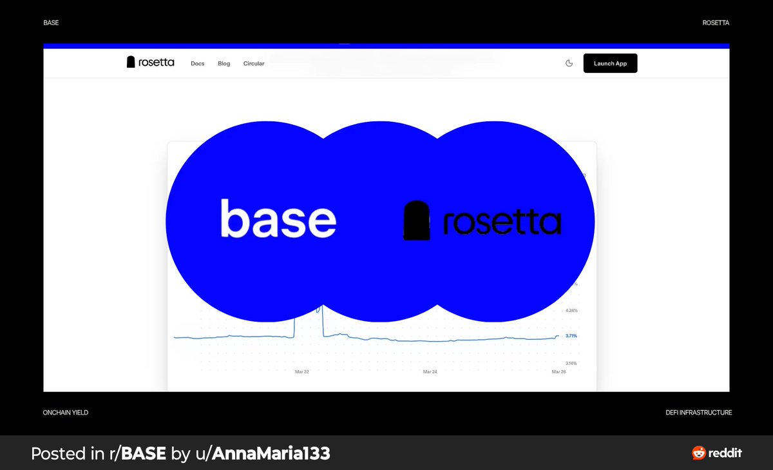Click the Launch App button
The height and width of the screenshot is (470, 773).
click(610, 63)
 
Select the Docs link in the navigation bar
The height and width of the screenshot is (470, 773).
click(198, 64)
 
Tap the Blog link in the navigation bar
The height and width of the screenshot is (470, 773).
click(224, 64)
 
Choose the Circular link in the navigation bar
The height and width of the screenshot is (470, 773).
click(254, 64)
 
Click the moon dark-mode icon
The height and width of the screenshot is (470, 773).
click(569, 63)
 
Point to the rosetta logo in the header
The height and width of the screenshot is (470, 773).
click(151, 62)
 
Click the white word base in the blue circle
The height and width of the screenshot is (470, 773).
click(278, 219)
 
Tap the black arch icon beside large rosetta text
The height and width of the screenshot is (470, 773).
click(416, 220)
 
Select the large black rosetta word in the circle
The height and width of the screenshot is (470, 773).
click(502, 222)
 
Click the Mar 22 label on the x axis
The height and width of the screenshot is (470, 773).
click(301, 372)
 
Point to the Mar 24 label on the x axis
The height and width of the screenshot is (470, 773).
click(430, 372)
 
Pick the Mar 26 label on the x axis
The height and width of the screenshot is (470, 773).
click(559, 372)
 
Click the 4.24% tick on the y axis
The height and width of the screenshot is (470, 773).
click(571, 310)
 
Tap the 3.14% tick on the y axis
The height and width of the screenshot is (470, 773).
click(571, 363)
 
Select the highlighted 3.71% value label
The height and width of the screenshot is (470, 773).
click(571, 336)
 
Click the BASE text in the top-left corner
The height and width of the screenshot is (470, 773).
click(51, 23)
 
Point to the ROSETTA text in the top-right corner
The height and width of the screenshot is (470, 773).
click(716, 23)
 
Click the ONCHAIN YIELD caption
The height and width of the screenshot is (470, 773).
click(66, 413)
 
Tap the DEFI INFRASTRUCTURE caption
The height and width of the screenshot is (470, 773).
click(699, 413)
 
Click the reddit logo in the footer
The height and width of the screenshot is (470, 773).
click(717, 453)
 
